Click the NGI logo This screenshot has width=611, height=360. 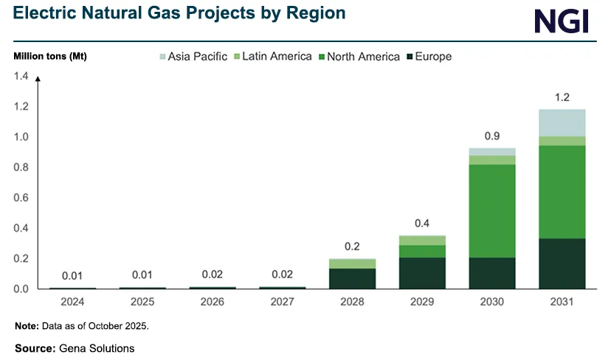pos(562,21)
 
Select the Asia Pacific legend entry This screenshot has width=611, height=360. pos(193,56)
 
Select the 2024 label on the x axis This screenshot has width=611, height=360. pos(72,302)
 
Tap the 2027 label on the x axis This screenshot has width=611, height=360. pos(283,302)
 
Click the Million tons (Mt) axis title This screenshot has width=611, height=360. pos(50,57)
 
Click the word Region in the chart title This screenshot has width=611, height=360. pos(317,14)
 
